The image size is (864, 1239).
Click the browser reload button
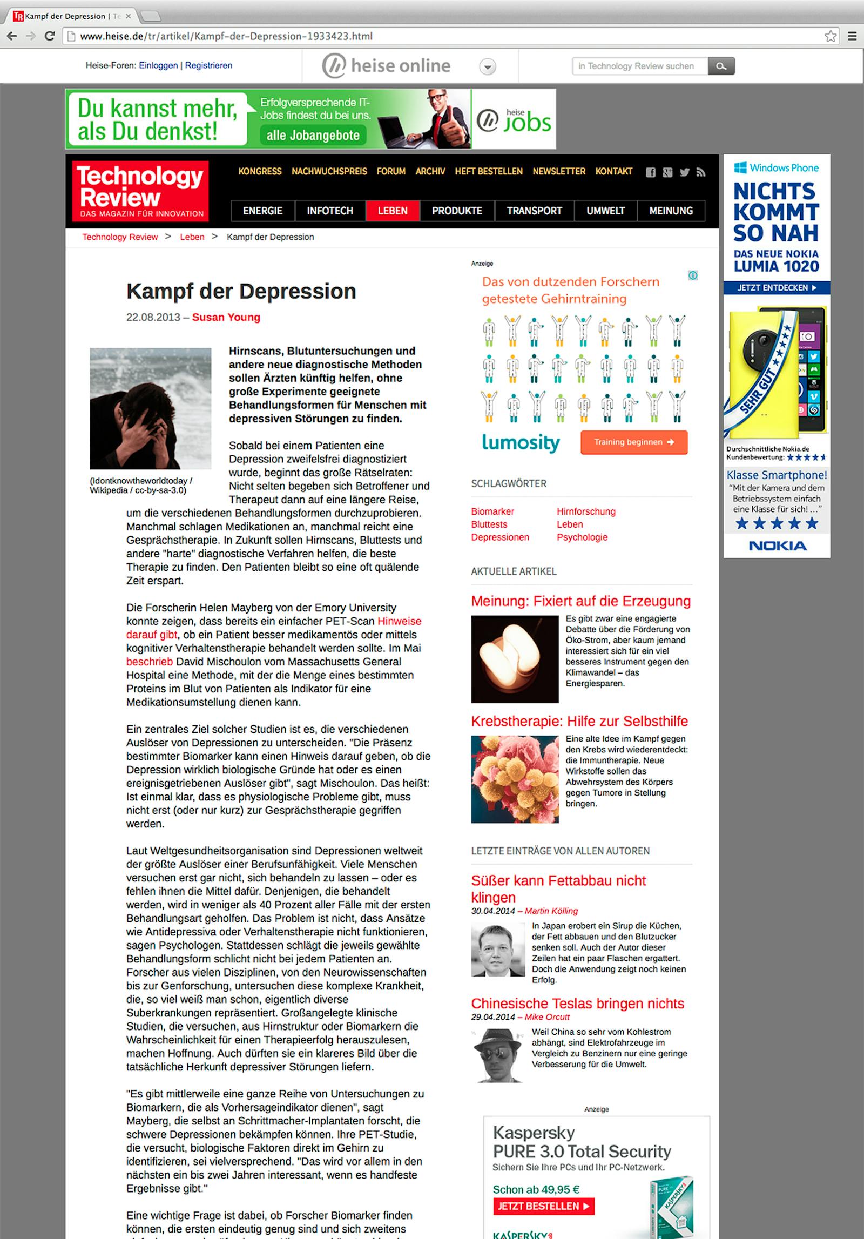click(x=50, y=36)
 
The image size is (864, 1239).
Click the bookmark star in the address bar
click(x=831, y=36)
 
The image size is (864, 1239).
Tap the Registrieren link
click(x=208, y=65)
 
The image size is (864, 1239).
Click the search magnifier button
click(x=721, y=66)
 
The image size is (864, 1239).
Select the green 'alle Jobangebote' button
click(x=313, y=135)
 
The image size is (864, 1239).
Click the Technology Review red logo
click(x=140, y=191)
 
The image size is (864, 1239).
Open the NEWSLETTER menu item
click(x=559, y=171)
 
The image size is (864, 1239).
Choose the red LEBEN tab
click(x=393, y=211)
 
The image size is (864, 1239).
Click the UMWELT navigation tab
click(x=605, y=211)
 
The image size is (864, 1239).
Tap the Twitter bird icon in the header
click(x=685, y=172)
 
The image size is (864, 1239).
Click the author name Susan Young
click(x=226, y=317)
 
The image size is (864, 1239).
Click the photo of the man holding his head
click(x=150, y=408)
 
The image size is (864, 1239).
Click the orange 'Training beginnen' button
click(x=634, y=442)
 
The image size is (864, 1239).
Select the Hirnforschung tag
click(x=586, y=511)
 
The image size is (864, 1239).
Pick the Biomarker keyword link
click(x=492, y=511)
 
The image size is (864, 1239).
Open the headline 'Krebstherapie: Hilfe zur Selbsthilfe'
click(x=579, y=721)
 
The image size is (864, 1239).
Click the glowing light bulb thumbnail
click(x=515, y=659)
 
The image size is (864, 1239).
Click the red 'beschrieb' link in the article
click(x=150, y=662)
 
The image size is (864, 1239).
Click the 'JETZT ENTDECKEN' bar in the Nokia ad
click(x=777, y=288)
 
